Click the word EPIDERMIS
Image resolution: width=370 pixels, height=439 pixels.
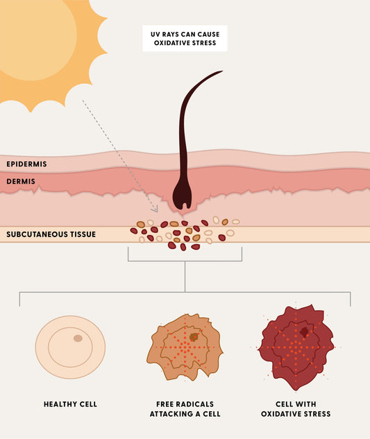click(x=26, y=164)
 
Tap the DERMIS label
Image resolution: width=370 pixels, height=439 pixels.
click(x=21, y=182)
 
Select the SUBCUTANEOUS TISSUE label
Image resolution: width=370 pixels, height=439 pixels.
click(x=51, y=234)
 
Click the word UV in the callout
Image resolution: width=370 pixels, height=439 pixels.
click(x=155, y=35)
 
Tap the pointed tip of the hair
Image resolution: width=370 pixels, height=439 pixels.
click(x=223, y=71)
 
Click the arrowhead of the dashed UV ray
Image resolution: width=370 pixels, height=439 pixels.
click(x=155, y=209)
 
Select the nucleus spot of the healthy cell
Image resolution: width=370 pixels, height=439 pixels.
click(x=78, y=338)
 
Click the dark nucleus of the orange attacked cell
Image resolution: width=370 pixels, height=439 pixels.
click(x=194, y=337)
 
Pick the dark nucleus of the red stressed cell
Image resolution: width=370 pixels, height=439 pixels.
click(x=304, y=332)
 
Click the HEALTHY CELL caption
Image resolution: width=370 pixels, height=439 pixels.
click(x=70, y=404)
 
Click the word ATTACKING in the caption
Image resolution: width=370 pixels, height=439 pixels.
click(x=171, y=414)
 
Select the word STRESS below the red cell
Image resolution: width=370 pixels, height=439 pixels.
click(x=316, y=414)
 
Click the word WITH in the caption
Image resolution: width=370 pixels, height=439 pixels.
click(x=307, y=404)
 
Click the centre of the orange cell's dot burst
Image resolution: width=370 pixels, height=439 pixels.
click(x=185, y=347)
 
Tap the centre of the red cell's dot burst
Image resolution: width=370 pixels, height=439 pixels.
click(x=296, y=347)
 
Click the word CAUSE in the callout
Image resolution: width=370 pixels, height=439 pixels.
click(x=209, y=35)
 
